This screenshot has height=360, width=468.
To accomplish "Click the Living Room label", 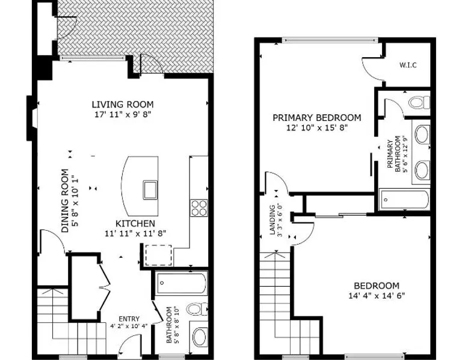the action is coord(123,105).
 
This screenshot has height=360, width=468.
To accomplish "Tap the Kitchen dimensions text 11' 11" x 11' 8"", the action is coord(135,233).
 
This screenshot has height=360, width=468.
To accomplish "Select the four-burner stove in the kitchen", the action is coord(199,207).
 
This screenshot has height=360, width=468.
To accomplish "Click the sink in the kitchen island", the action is coord(150,190).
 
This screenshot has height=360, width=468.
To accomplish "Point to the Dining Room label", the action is coord(65,201).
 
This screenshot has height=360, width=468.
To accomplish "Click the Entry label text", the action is coord(129,319).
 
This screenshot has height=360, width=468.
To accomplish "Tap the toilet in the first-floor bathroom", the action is coord(197,309).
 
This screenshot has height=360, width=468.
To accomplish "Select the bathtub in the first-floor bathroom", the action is coord(182,282).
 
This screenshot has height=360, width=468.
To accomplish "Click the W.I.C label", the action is coord(408,65).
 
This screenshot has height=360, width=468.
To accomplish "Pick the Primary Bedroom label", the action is coord(316,118).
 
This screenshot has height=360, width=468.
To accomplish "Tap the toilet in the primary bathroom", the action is coord(420,102).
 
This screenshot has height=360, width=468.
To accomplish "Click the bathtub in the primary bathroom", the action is coord(404,200).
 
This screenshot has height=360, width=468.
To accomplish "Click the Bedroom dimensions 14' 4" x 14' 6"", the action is coord(377,296).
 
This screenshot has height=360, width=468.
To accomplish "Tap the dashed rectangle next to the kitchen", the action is coord(158,255).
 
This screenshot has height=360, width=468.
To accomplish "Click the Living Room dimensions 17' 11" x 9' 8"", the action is coord(123,114).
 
